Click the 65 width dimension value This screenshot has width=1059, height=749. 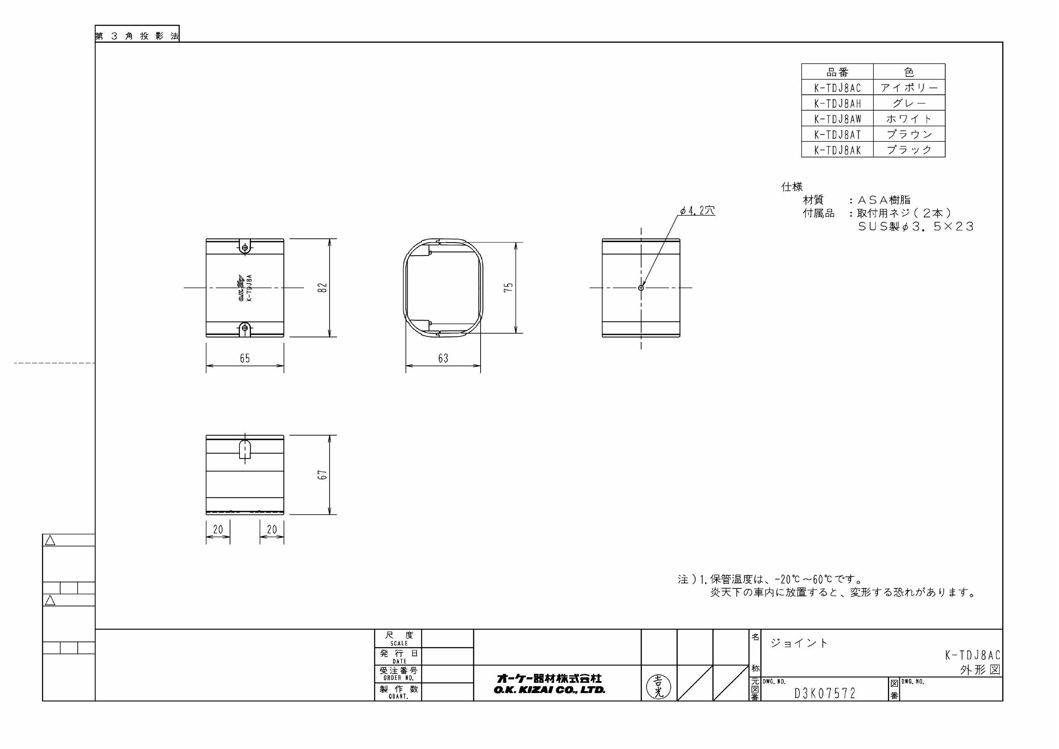point(245,358)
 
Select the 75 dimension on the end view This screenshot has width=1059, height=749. point(508,287)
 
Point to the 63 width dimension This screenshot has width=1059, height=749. point(443,358)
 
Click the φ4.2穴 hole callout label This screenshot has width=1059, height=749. point(697,211)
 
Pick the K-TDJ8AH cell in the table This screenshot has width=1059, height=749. point(837,103)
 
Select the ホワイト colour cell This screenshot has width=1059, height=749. point(909,119)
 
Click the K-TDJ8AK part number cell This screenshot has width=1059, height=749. point(837,149)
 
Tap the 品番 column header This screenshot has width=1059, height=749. point(837,72)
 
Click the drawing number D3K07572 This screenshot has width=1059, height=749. point(825,693)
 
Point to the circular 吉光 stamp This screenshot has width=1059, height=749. point(659,686)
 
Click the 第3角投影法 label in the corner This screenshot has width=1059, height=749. point(137,36)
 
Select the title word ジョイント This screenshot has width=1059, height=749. point(799,643)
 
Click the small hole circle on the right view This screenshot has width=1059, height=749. point(641,287)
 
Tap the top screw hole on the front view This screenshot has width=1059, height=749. point(245,248)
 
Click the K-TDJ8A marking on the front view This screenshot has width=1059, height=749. point(250,288)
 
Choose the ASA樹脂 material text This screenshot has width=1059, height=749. point(884,200)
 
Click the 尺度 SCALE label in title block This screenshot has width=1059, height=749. point(399,639)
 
